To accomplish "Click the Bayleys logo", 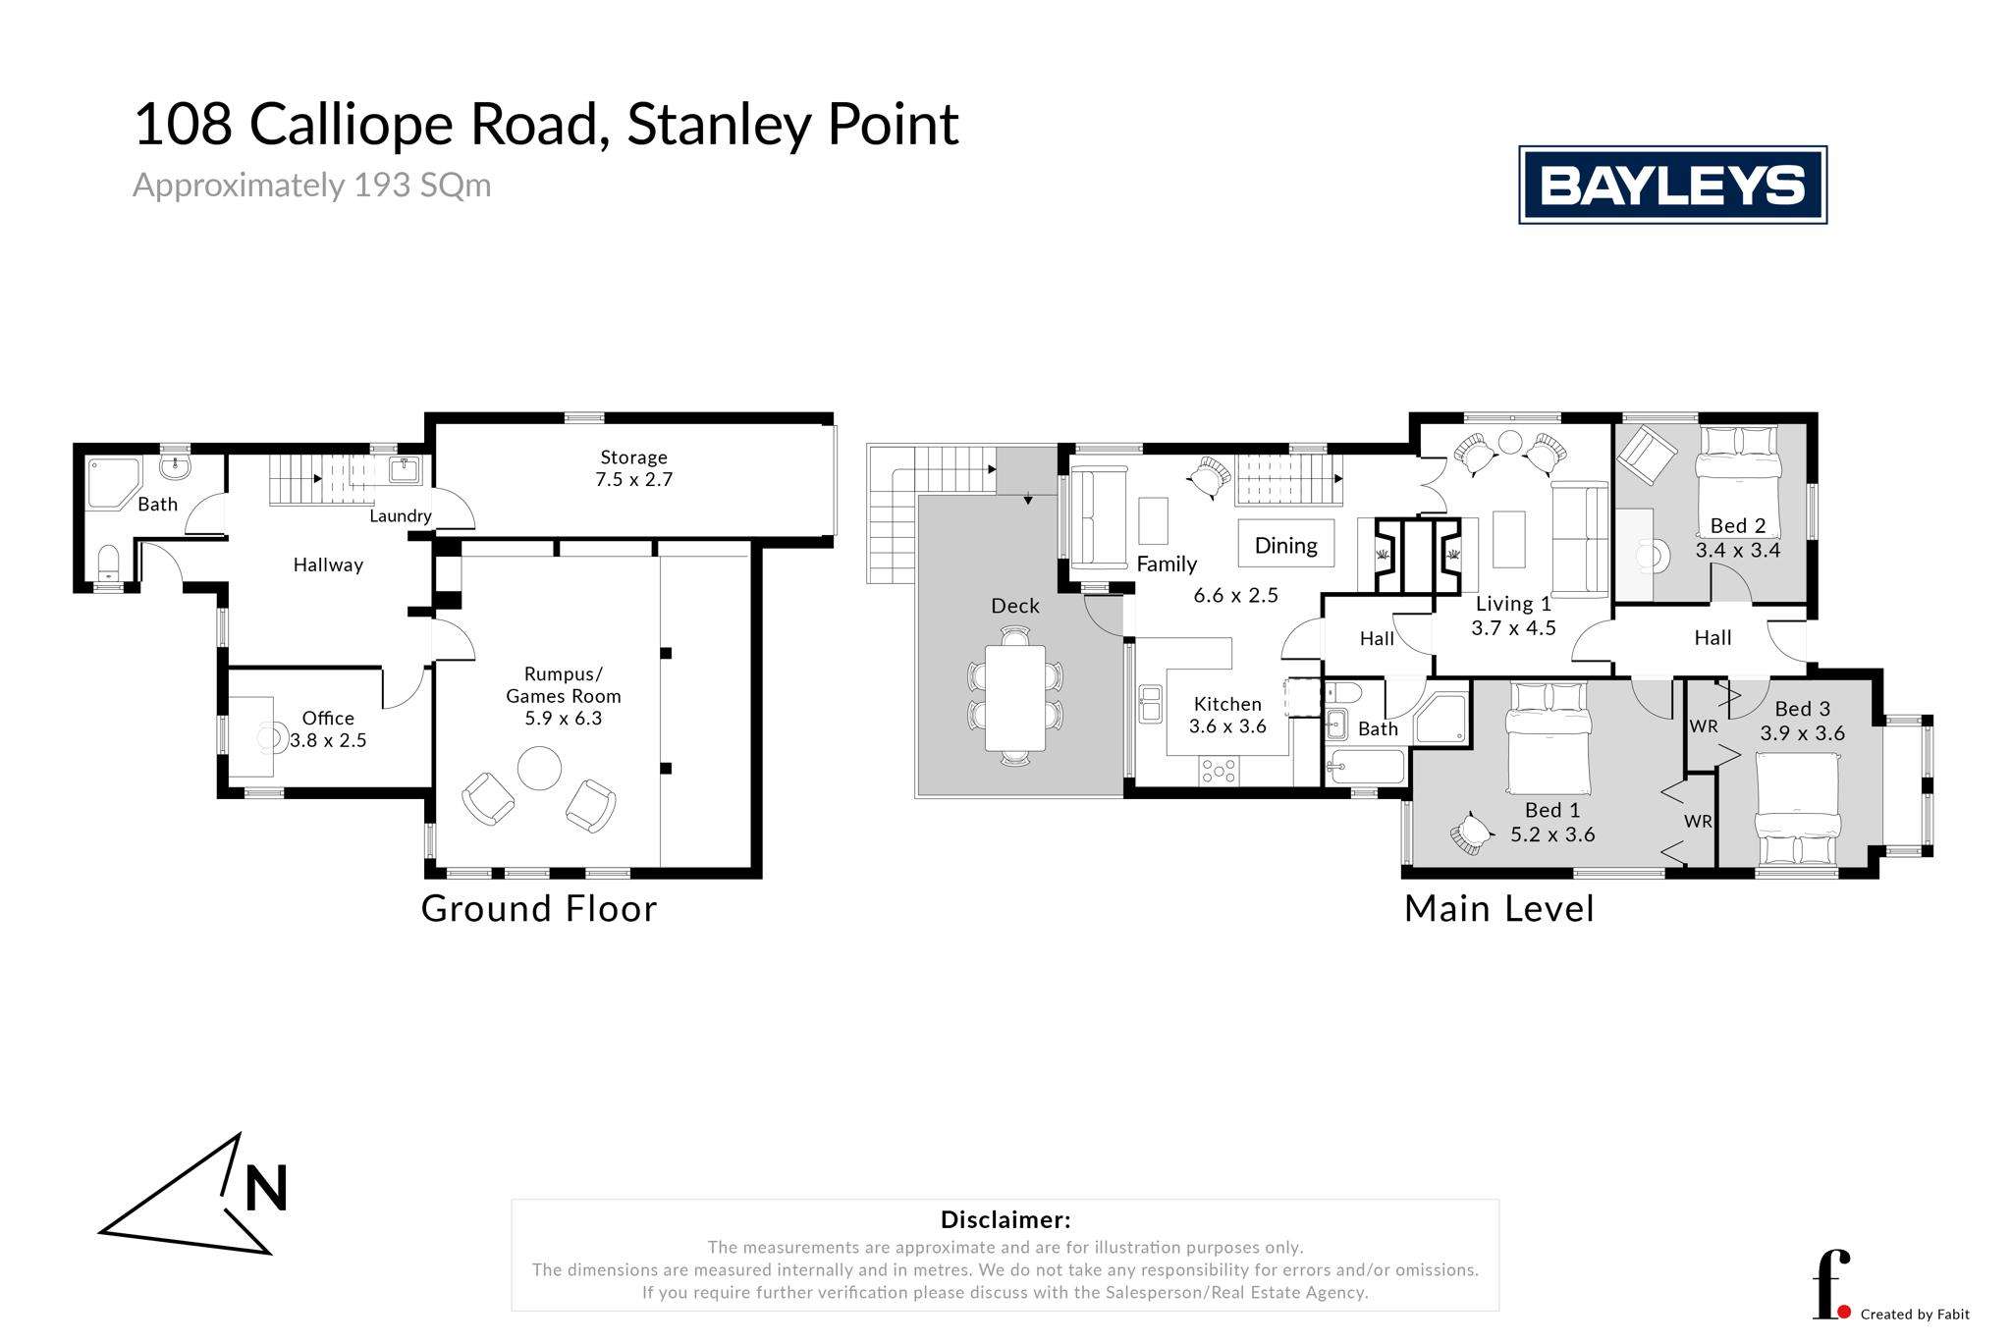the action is (x=1672, y=185).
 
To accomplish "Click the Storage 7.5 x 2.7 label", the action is (x=633, y=468).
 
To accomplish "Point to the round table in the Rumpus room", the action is (x=539, y=769).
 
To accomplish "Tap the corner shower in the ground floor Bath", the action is (x=114, y=484).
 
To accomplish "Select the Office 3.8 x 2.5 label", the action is (x=328, y=729).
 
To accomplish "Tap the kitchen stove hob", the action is (x=1219, y=772).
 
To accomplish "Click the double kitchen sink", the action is (x=1150, y=704).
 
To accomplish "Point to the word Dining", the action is (x=1285, y=546).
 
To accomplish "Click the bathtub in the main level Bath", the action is (x=1365, y=767).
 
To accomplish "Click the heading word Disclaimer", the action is (x=1005, y=1220).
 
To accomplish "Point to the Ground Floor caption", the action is (x=539, y=908).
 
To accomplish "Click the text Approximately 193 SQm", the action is (x=312, y=186).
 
